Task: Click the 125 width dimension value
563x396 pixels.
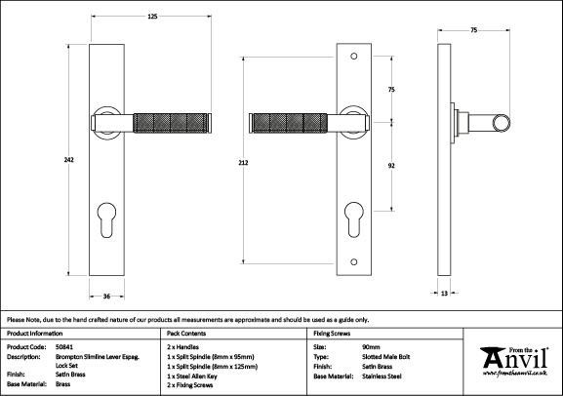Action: click(152, 17)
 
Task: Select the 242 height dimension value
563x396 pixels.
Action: click(69, 160)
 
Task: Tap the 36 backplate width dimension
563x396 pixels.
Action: click(106, 297)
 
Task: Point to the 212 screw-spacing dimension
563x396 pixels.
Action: click(243, 163)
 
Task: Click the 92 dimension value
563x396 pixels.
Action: click(391, 166)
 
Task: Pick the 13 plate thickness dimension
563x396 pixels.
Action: click(444, 294)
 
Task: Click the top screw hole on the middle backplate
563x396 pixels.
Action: click(354, 57)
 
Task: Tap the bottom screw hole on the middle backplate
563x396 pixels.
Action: click(354, 261)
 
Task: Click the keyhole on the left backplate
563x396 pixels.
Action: click(107, 219)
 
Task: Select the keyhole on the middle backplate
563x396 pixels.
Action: click(354, 219)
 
